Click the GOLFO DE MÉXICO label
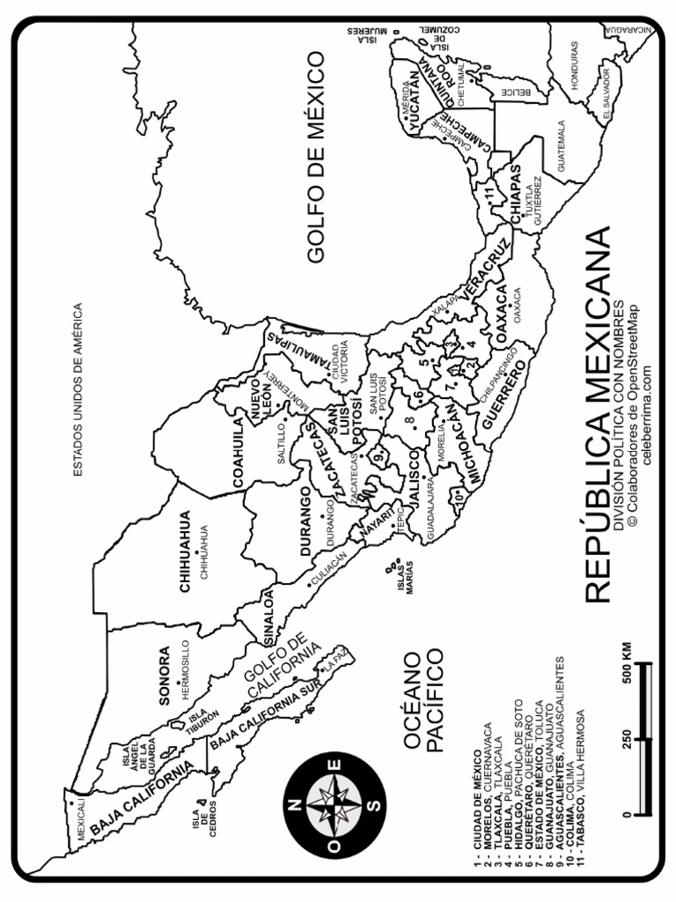pyautogui.click(x=316, y=157)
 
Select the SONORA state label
pyautogui.click(x=164, y=676)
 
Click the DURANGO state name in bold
pyautogui.click(x=305, y=521)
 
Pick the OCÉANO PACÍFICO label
pyautogui.click(x=420, y=700)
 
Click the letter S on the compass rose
pyautogui.click(x=375, y=804)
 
